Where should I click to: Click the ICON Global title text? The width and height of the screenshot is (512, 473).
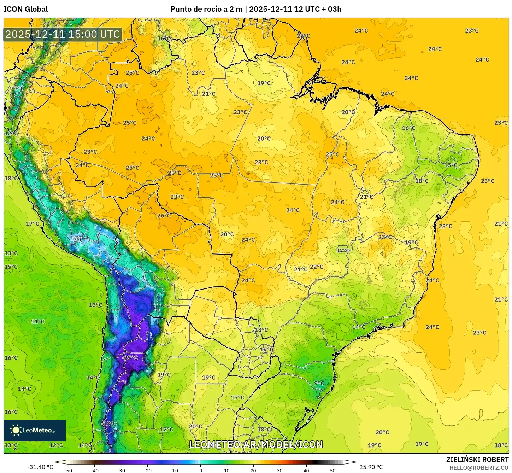tap(25, 9)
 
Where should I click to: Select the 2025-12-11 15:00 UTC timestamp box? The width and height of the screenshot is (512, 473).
tap(63, 34)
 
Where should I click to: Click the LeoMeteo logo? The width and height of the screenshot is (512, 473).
tap(35, 430)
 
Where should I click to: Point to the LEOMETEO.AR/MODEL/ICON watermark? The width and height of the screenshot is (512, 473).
tap(256, 444)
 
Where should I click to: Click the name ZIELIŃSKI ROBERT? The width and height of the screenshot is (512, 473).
tap(477, 460)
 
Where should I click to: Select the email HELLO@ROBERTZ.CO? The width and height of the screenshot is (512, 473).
tap(479, 468)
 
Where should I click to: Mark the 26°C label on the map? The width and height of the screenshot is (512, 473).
tap(164, 215)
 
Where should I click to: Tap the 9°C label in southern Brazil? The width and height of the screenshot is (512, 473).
tap(319, 383)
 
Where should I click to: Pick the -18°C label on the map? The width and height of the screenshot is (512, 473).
tap(109, 423)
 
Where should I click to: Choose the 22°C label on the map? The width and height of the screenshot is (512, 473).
tap(316, 267)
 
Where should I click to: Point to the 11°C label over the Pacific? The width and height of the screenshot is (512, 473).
tap(37, 321)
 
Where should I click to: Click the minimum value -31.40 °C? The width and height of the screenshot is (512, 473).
tap(40, 467)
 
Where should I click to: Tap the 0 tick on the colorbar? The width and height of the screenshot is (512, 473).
tap(200, 470)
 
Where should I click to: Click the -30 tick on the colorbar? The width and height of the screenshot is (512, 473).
tap(121, 470)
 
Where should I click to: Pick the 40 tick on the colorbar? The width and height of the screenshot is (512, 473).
tap(306, 470)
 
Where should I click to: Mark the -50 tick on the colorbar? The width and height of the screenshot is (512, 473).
tap(68, 470)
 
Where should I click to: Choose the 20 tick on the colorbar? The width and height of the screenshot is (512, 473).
tap(253, 470)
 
